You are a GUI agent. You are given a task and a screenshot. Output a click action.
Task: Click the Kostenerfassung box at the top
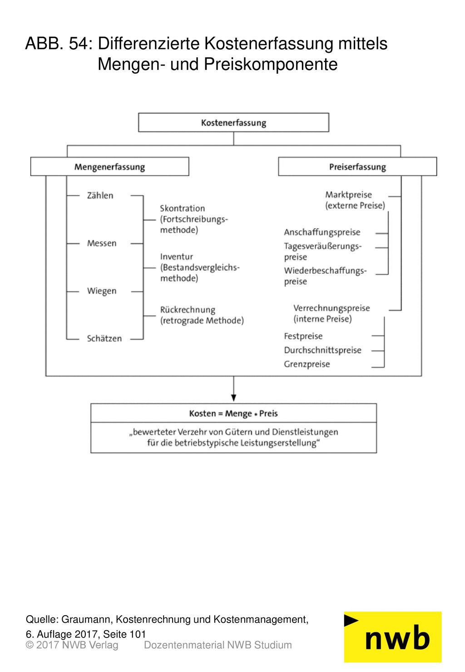[x=233, y=122]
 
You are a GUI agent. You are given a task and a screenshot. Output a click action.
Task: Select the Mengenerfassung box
[x=110, y=166]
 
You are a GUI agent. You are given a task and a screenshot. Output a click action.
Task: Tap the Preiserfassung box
[x=357, y=166]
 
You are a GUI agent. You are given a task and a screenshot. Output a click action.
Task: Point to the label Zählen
[x=100, y=195]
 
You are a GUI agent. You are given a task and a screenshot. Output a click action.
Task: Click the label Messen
[x=102, y=243]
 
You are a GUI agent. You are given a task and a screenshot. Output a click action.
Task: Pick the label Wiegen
[x=102, y=291]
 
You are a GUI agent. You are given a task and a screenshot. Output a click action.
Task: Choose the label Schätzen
[x=104, y=338]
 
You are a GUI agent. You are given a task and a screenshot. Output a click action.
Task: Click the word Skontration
[x=182, y=208]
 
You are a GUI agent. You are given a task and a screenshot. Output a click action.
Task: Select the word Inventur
[x=176, y=257]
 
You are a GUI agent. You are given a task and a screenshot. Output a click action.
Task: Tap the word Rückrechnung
[x=188, y=310]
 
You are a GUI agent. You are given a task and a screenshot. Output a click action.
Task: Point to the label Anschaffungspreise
[x=322, y=232]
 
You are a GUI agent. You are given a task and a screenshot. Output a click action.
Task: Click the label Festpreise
[x=303, y=336]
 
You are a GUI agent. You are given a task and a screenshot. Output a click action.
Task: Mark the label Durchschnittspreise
[x=322, y=350]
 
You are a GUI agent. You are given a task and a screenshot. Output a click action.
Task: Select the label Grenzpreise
[x=307, y=364]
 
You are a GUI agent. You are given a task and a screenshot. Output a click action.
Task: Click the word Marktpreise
[x=348, y=195]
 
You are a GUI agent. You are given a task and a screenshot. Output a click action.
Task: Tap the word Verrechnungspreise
[x=331, y=308]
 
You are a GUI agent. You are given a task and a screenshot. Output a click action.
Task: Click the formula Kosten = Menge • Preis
[x=233, y=413]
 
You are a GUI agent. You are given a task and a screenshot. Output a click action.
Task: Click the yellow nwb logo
[x=393, y=637]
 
